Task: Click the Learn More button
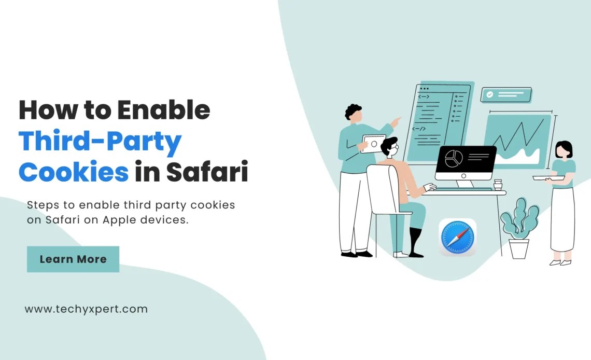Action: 73,259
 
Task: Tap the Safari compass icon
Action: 457,237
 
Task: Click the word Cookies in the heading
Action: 73,172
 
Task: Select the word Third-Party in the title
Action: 100,141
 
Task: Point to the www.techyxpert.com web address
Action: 86,309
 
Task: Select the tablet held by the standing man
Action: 373,144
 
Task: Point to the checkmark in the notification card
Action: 488,95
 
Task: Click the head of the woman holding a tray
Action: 564,150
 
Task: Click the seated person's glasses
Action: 394,148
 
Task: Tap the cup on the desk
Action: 498,185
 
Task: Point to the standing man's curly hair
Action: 353,110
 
